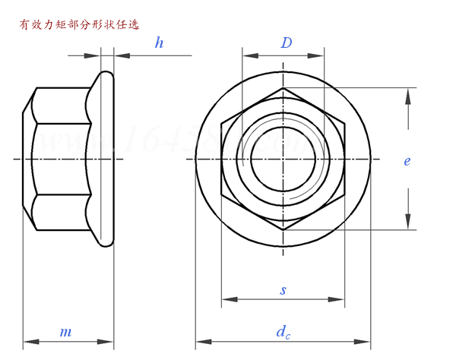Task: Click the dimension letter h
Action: coord(159,43)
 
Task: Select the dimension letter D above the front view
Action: coord(286,43)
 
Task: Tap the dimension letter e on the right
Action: coord(407,161)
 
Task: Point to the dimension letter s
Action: coord(283,289)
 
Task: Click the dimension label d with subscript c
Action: coord(283,331)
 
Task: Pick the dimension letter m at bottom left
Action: coord(66,332)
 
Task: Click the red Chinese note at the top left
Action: coord(79,24)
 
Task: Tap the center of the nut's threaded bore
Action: coord(283,159)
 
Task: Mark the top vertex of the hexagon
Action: coord(283,89)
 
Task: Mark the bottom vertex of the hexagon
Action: coord(283,229)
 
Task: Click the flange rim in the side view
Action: coord(107,159)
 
